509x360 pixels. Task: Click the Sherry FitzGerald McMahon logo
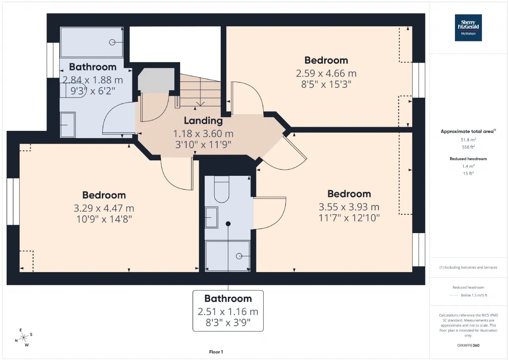pos(468,27)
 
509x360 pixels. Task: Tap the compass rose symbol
pos(23,338)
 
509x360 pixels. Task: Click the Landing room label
pos(203,121)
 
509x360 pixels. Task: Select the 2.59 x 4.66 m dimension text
pos(326,74)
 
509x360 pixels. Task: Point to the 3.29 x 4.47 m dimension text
pos(104,208)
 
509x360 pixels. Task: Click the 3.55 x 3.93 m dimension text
pos(349,207)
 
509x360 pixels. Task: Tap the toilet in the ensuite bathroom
pos(221,190)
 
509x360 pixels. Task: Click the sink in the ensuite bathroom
pos(211,217)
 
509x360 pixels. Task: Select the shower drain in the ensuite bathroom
pos(239,256)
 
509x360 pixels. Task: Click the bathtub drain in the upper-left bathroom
pos(112,42)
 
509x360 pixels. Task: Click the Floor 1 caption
pos(216,352)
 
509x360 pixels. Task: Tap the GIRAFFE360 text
pos(468,345)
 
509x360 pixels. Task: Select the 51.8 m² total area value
pos(468,140)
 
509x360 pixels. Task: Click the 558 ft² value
pos(468,147)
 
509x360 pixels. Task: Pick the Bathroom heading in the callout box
pos(228,298)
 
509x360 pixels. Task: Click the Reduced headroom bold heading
pos(468,159)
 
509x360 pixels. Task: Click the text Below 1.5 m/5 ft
pos(474,295)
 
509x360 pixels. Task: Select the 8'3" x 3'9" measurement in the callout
pos(228,323)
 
